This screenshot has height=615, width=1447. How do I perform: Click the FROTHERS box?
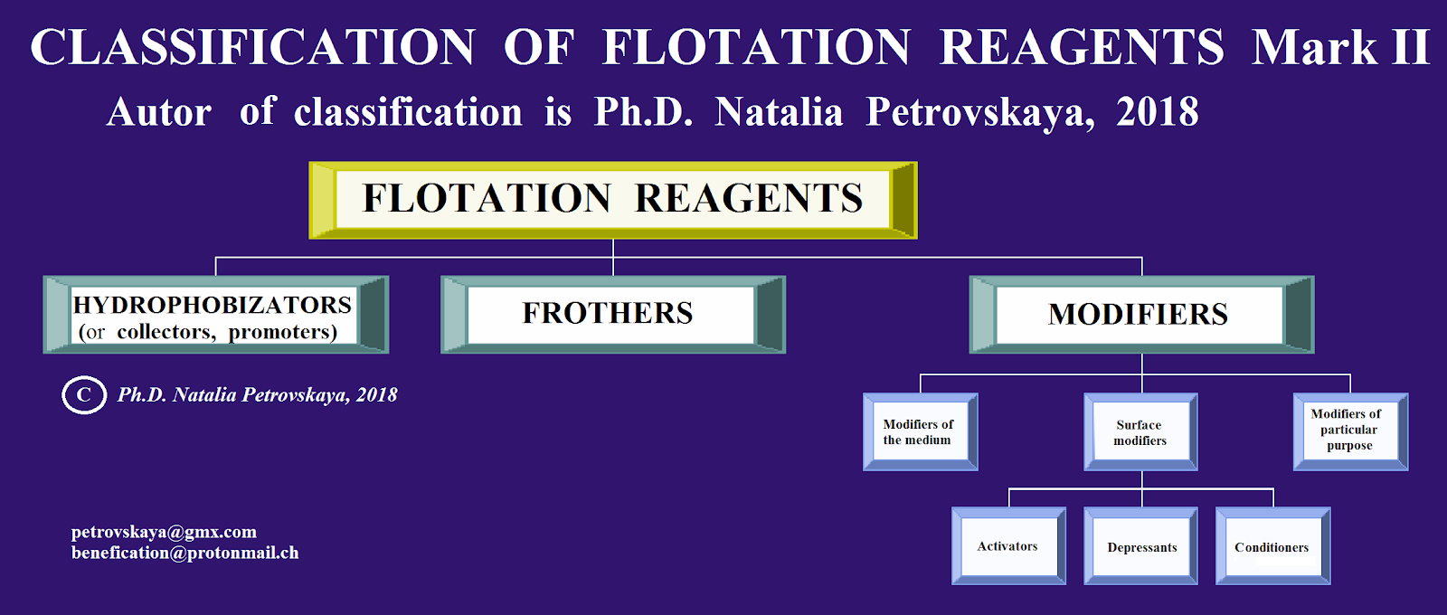pyautogui.click(x=612, y=314)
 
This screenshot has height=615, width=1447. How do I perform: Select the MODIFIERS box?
pyautogui.click(x=1140, y=314)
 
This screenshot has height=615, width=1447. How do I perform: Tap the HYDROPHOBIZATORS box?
pyautogui.click(x=215, y=314)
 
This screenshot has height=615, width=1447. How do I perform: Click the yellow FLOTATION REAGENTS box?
pyautogui.click(x=612, y=199)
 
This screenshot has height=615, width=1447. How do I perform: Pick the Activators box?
pyautogui.click(x=1008, y=546)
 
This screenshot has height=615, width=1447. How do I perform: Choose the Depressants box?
pyautogui.click(x=1141, y=546)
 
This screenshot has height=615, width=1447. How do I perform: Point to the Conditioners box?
pyautogui.click(x=1272, y=546)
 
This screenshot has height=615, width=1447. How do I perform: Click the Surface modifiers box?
pyautogui.click(x=1140, y=432)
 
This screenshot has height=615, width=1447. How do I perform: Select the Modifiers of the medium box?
pyautogui.click(x=920, y=432)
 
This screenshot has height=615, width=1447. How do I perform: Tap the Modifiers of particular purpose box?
pyautogui.click(x=1349, y=430)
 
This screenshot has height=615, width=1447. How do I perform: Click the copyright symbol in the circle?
pyautogui.click(x=84, y=395)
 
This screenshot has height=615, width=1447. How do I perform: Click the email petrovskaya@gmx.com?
pyautogui.click(x=164, y=532)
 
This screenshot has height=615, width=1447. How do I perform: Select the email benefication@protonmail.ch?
pyautogui.click(x=184, y=553)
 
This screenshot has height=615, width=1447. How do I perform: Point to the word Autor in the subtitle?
pyautogui.click(x=159, y=113)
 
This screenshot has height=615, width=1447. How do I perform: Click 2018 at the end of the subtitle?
pyautogui.click(x=1157, y=112)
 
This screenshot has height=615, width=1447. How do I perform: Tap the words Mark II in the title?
pyautogui.click(x=1340, y=47)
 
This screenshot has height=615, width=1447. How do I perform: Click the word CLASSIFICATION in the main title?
pyautogui.click(x=252, y=47)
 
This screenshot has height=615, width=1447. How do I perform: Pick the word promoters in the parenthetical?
pyautogui.click(x=282, y=332)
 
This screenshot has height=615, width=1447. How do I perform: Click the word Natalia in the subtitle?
pyautogui.click(x=779, y=112)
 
